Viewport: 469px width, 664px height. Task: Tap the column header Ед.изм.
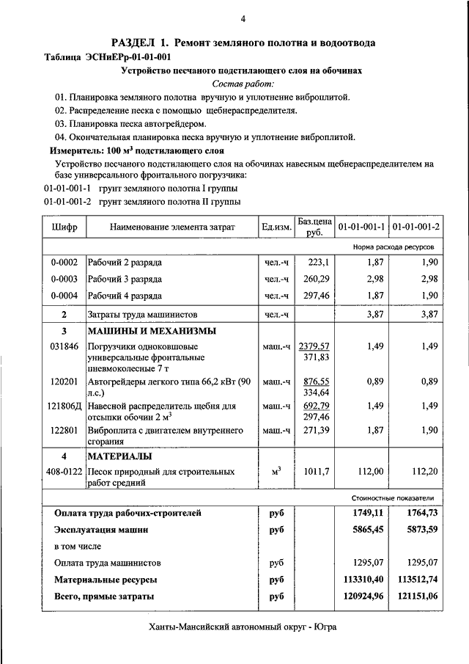(276, 227)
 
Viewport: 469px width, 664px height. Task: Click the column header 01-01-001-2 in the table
(416, 227)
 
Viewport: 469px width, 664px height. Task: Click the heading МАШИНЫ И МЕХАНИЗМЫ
(152, 330)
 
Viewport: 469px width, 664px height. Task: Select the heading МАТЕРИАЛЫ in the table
(119, 456)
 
